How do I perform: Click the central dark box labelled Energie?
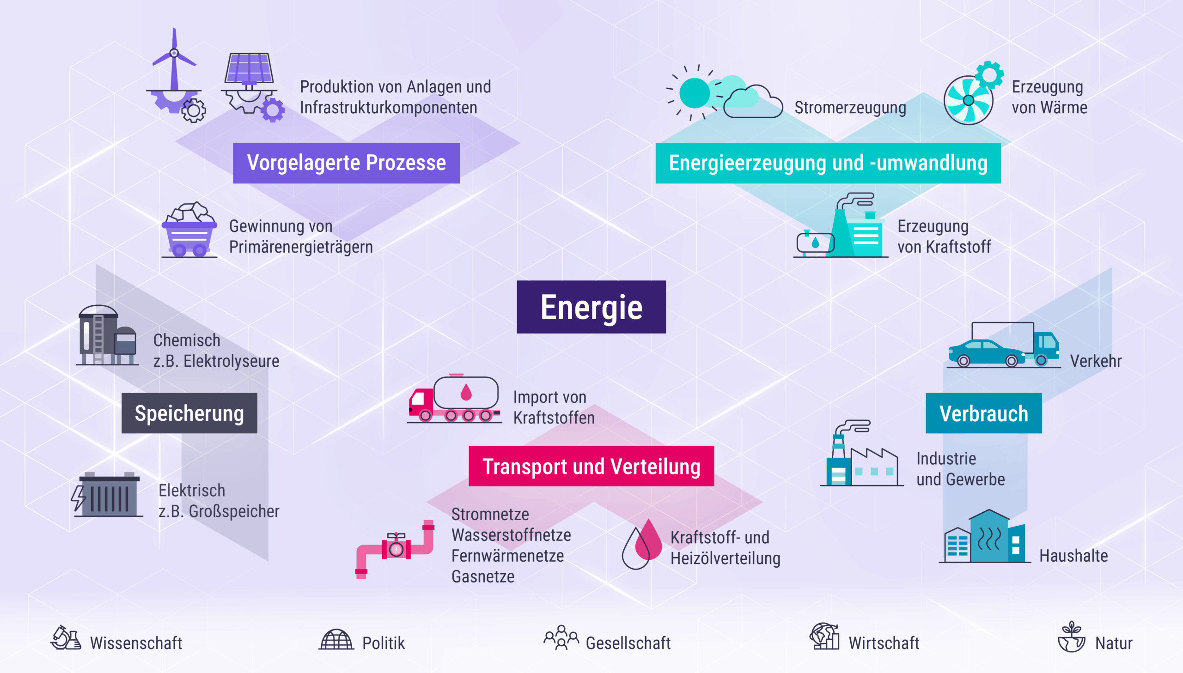pos(591,307)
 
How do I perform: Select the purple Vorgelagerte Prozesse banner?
pos(346,163)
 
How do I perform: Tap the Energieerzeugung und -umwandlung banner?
pos(828,163)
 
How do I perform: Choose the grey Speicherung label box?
pos(189,413)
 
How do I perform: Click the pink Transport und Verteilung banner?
pos(591,466)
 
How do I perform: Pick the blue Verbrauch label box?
pos(984,413)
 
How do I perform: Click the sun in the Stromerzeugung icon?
pos(695,93)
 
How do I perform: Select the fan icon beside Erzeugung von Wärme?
pos(969,100)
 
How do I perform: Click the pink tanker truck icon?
pos(454,399)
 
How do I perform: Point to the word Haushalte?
pos(1073,556)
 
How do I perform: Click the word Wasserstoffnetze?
pos(511,535)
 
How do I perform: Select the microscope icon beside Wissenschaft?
pos(66,638)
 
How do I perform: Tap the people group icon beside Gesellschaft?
pos(561,638)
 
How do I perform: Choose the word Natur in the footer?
pos(1114,643)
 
